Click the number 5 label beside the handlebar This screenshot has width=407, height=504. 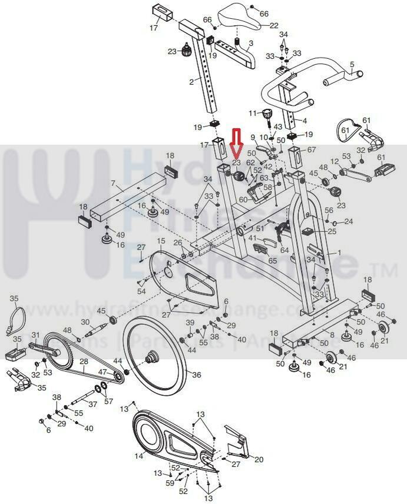[x=352, y=64]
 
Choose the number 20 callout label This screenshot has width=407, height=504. [x=259, y=460]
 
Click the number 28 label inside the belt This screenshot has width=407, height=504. [x=84, y=361]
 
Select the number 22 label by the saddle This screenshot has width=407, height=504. [x=274, y=26]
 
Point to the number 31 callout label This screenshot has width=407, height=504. [x=35, y=336]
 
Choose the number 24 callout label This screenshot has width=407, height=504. [x=348, y=221]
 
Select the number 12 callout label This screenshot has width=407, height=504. [x=335, y=161]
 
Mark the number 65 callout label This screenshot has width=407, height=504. [x=273, y=260]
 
